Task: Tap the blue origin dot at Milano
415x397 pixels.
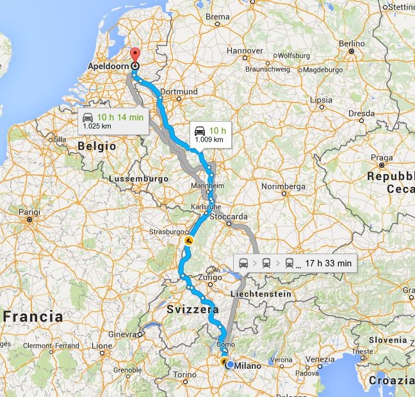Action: [231, 365]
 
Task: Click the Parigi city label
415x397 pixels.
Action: [29, 212]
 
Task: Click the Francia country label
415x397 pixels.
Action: [33, 316]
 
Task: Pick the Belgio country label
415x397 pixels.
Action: [96, 146]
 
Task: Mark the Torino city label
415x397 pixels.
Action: [184, 375]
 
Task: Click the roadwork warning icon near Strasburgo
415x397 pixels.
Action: [188, 241]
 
